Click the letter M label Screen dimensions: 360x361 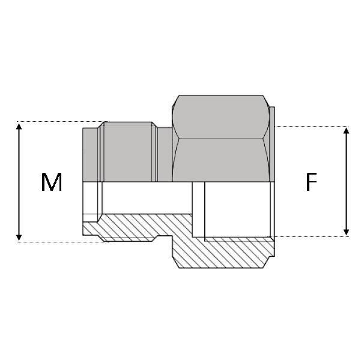tap(52, 182)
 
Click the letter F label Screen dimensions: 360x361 tap(311, 182)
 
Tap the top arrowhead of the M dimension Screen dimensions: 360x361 tap(20, 126)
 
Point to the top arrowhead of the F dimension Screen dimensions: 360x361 tap(346, 131)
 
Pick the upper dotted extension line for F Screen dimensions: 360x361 tap(312, 126)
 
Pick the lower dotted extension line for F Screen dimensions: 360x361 tap(312, 236)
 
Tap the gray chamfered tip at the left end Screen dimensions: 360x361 tap(90, 154)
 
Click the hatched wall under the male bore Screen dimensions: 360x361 tap(132, 228)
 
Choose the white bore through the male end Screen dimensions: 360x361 tap(144, 198)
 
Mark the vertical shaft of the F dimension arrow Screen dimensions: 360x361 tap(346, 180)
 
